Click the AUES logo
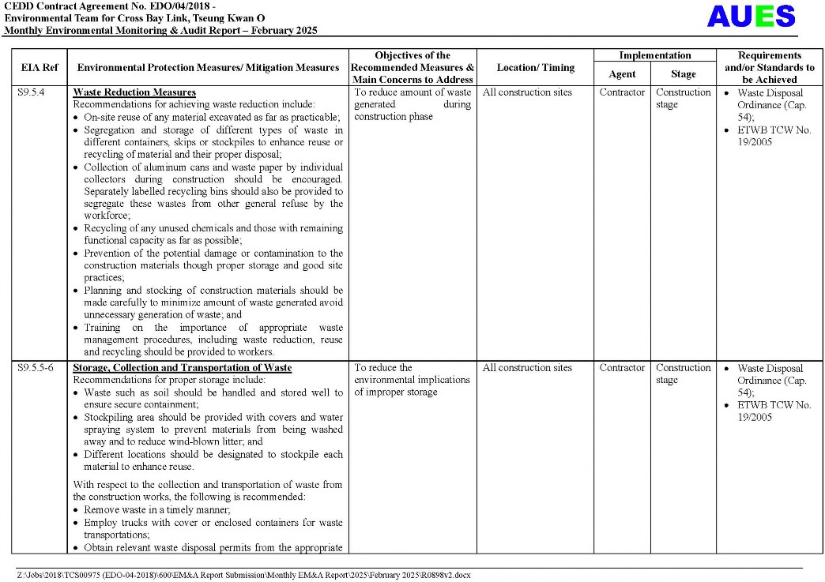click(750, 16)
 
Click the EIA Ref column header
click(39, 68)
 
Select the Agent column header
click(622, 74)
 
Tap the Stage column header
click(684, 74)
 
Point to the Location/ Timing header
click(535, 68)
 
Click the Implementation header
click(654, 56)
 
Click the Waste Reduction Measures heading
click(134, 92)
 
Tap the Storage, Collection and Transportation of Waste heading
click(182, 368)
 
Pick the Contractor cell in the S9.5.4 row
click(622, 92)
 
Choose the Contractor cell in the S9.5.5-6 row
click(622, 368)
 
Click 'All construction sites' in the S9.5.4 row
click(527, 92)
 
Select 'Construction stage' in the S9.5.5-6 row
click(683, 374)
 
